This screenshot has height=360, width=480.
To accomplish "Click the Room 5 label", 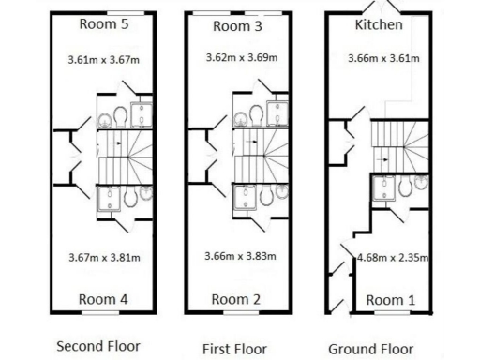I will click(104, 24).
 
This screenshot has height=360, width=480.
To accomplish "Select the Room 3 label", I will click(237, 26).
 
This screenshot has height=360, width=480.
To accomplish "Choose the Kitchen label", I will click(380, 24).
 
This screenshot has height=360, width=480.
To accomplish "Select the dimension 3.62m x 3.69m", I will click(242, 58).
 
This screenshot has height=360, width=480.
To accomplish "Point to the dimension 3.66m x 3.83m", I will click(241, 256).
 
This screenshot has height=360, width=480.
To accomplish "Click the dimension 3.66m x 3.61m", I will click(382, 58).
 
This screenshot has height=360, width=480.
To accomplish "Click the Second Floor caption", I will click(98, 346).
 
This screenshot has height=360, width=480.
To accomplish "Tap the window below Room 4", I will click(100, 311).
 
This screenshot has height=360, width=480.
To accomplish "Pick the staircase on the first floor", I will click(260, 157).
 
